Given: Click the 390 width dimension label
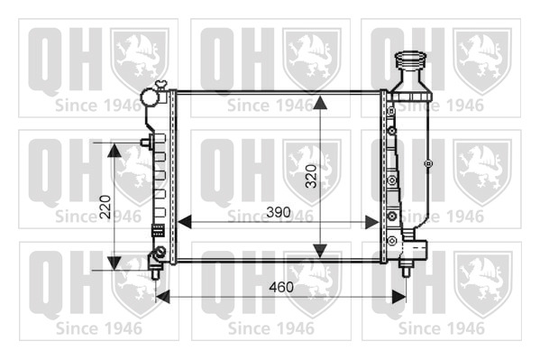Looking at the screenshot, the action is (279, 212).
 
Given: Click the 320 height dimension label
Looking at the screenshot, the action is (312, 176).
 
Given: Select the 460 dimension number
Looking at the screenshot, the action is (281, 287).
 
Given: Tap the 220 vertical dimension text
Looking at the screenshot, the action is (105, 207).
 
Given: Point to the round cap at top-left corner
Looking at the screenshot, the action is (151, 97).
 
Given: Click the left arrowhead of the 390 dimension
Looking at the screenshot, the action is (184, 223).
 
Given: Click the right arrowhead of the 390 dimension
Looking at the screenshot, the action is (372, 223).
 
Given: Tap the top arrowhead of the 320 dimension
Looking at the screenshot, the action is (320, 103).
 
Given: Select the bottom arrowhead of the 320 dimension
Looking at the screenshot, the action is (320, 251).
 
